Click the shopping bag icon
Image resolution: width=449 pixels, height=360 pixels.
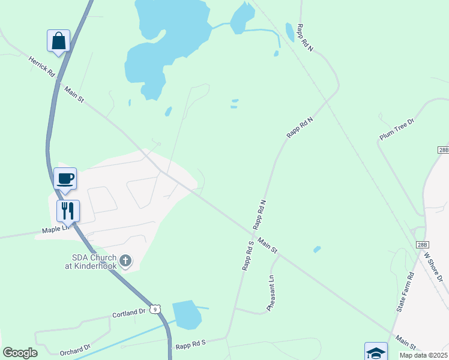[58, 41]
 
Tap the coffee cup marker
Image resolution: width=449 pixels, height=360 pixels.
[65, 179]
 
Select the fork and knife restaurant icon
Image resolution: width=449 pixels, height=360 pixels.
[68, 211]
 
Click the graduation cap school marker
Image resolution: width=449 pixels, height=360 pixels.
[376, 352]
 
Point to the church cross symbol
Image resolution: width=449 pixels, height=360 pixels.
[125, 260]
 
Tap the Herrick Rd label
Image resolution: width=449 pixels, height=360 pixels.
[42, 66]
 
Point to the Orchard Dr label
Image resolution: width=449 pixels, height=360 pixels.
[74, 348]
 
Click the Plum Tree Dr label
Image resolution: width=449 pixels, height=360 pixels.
[397, 130]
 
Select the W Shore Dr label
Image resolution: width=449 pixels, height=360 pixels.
[433, 265]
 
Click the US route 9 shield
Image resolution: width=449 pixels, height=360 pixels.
[155, 309]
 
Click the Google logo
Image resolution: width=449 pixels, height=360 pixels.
[20, 353]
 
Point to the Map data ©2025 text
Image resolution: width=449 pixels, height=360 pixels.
[423, 355]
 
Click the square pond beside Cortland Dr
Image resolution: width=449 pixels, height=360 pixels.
[187, 315]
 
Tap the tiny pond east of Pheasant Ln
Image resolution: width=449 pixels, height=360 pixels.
[317, 249]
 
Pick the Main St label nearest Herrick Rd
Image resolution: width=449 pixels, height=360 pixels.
[74, 95]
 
